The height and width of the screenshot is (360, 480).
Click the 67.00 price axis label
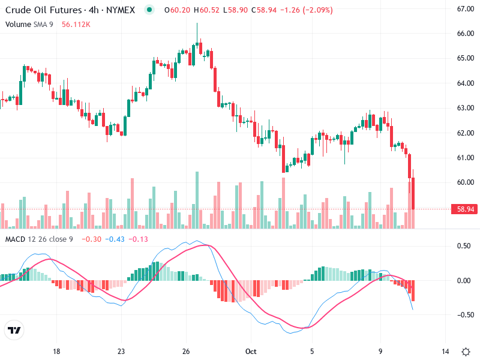(466, 9)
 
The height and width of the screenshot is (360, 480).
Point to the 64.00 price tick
(466, 83)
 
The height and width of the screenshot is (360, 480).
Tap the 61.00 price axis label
(466, 157)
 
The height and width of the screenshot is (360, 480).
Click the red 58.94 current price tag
(467, 209)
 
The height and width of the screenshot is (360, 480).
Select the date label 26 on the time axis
(186, 352)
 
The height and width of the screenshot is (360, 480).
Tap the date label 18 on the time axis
(56, 352)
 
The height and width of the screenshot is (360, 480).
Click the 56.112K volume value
(76, 24)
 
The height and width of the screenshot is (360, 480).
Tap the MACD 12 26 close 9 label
(39, 239)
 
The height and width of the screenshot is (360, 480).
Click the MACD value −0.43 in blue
(114, 239)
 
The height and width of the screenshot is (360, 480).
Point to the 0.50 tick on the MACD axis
(464, 246)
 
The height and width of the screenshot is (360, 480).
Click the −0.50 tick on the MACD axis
(463, 314)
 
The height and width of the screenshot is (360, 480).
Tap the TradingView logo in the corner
(14, 330)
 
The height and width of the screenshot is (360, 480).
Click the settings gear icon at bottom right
(466, 352)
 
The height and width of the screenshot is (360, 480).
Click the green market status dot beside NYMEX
(149, 10)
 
